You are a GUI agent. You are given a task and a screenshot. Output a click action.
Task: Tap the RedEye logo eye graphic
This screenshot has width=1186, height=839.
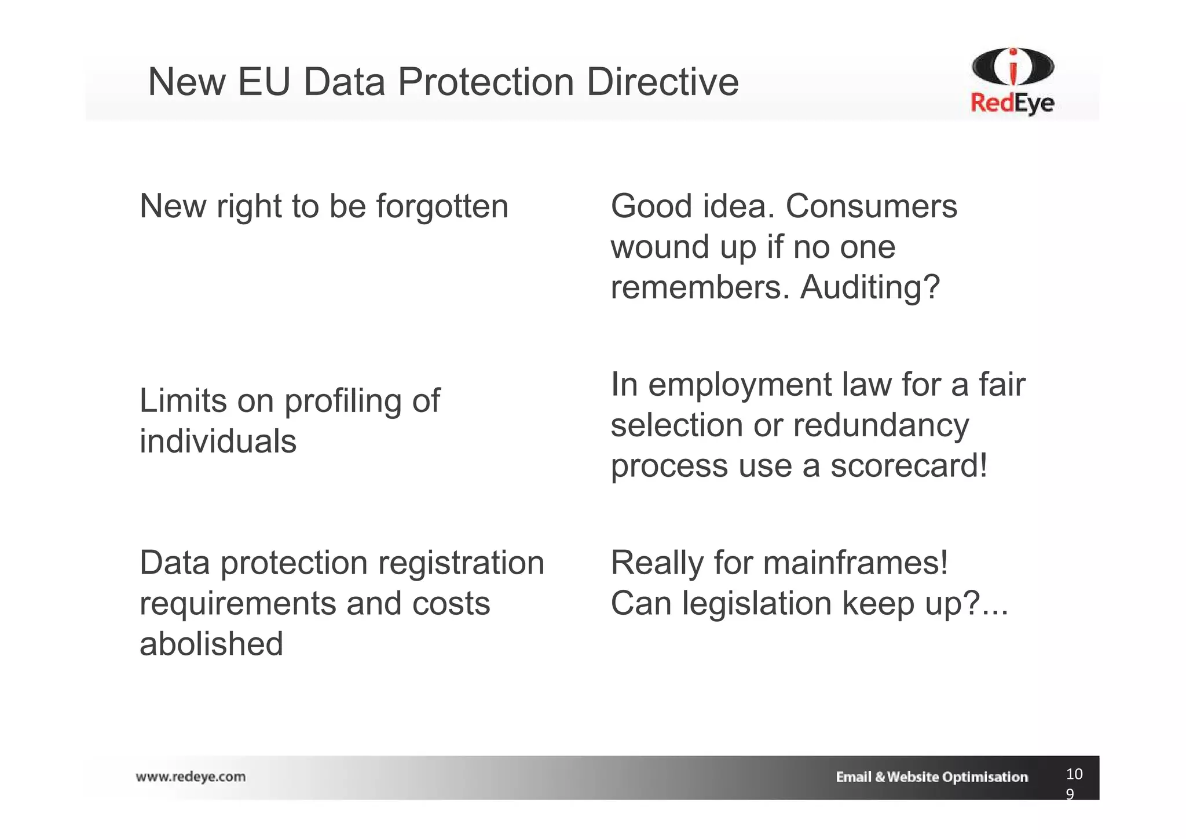1013,67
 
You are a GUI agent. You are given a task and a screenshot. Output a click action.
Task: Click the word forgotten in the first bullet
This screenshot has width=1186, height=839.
442,206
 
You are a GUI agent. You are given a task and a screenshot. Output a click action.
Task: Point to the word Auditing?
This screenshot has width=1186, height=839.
870,287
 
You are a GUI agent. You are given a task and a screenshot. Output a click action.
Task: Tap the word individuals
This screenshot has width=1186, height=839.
218,442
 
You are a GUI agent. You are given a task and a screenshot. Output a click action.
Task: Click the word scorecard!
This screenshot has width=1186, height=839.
909,466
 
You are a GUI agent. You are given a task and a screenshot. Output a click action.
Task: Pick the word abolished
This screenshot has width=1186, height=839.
211,644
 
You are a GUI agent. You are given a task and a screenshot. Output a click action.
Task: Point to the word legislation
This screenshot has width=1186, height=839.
756,604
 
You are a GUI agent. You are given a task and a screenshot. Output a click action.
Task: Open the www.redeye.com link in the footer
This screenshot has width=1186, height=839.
191,777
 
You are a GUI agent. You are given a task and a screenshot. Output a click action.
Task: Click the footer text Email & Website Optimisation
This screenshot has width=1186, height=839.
931,777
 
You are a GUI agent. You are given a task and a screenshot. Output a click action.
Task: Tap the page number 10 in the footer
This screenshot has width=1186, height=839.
1074,774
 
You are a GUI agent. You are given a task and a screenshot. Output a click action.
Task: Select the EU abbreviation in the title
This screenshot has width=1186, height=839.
263,82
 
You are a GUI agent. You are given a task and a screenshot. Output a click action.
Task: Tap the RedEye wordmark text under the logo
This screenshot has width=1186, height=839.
1012,104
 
